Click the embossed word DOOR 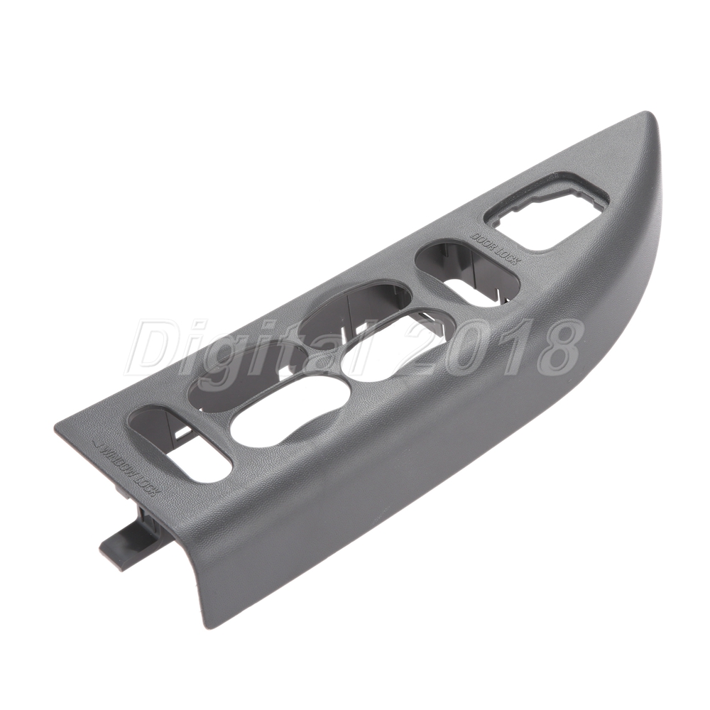[484, 241]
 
